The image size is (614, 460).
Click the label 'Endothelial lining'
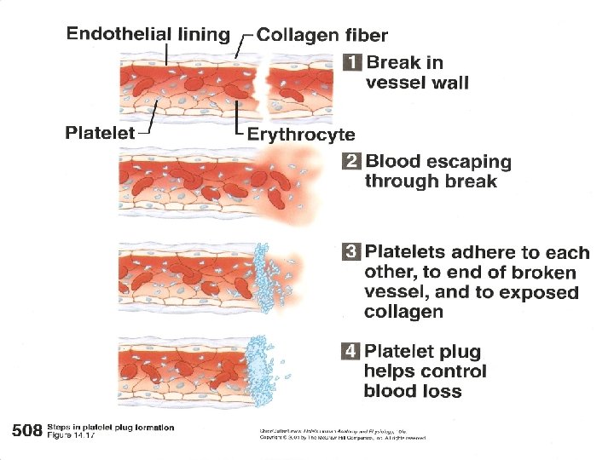click(148, 34)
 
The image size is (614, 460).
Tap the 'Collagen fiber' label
click(322, 35)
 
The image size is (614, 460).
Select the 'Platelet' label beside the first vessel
click(100, 132)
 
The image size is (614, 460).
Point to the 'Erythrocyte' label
click(301, 134)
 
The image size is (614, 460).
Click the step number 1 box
click(353, 62)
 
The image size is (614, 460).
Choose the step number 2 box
click(352, 161)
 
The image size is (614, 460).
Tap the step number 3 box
click(351, 252)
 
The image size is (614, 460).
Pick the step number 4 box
click(351, 351)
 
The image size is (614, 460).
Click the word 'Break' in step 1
click(394, 62)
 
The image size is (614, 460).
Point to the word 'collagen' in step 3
click(403, 312)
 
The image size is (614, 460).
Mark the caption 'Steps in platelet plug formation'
click(111, 427)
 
